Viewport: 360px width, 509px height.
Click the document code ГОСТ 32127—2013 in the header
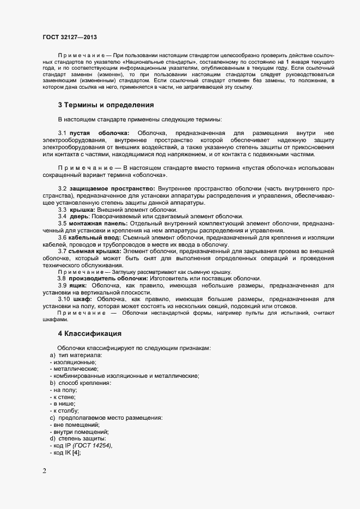(70, 37)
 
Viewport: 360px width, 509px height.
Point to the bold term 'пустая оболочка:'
(99, 133)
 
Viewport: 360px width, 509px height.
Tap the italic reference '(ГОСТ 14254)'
(93, 446)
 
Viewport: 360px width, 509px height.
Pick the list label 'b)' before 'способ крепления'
(53, 383)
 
